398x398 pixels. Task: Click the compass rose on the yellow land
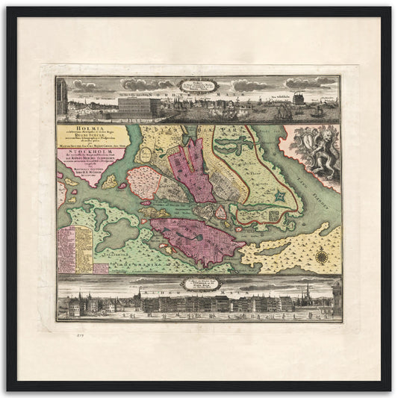322,257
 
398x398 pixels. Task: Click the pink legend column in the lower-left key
65,246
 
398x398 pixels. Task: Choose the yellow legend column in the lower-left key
83,246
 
